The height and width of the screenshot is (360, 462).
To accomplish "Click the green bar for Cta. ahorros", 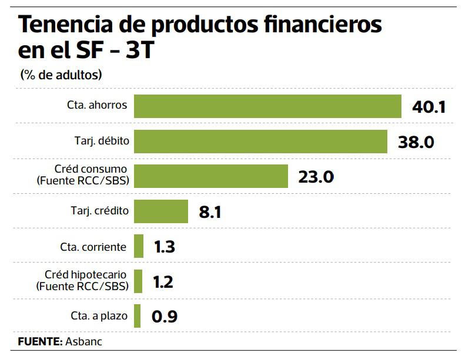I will click(267, 106).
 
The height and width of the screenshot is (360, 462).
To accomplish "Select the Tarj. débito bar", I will click(260, 141).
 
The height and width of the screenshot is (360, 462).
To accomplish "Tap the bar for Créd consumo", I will click(211, 176).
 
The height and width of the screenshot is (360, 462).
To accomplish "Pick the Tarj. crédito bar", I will click(161, 211).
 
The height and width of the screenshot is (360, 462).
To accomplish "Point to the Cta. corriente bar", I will click(139, 246).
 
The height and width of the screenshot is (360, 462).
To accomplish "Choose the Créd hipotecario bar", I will click(138, 281).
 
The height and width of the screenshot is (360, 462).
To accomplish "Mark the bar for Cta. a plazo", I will click(138, 316).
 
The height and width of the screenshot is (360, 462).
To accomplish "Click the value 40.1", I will click(430, 107).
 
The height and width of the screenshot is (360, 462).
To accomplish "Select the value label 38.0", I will click(416, 142).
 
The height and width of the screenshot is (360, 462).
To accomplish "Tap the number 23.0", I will click(316, 177).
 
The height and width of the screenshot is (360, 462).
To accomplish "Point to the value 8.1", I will click(210, 212).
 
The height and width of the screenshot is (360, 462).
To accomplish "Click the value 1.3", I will click(164, 247).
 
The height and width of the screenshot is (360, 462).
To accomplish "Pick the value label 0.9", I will click(164, 317).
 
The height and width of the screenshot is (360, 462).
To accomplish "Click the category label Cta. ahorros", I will click(97, 106).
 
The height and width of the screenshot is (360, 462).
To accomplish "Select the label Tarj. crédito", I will click(99, 210).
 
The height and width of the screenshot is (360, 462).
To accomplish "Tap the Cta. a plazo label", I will click(97, 316).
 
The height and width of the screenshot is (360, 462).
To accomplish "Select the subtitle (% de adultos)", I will click(61, 75).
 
